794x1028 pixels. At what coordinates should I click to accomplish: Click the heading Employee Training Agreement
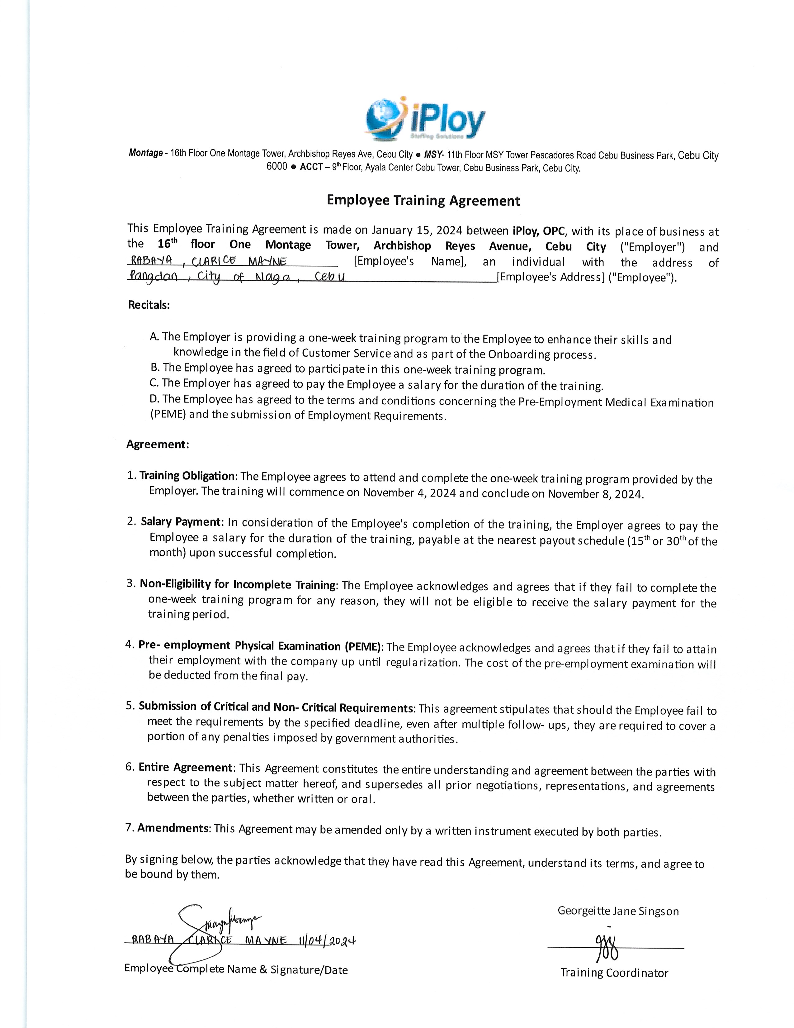tap(423, 201)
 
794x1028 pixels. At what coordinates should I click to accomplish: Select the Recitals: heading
tap(149, 305)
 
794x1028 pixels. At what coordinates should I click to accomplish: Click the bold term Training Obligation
tap(187, 476)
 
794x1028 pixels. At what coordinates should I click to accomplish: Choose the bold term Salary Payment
tap(181, 522)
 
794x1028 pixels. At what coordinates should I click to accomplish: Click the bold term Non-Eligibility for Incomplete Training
tap(238, 585)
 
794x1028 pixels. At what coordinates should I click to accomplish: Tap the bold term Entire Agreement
tap(185, 767)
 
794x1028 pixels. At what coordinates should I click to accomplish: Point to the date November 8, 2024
tap(595, 494)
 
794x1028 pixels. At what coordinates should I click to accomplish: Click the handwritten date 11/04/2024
tap(327, 941)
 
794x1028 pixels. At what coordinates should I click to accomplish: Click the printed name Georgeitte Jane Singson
tap(618, 911)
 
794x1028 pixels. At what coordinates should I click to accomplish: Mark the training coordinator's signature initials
tap(607, 946)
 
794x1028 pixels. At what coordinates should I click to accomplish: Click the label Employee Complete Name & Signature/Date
tap(236, 970)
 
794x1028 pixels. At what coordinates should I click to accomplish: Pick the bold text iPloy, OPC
tap(539, 231)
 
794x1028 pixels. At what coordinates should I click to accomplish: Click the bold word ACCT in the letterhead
tap(311, 167)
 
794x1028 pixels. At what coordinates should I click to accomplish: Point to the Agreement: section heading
tap(158, 444)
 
